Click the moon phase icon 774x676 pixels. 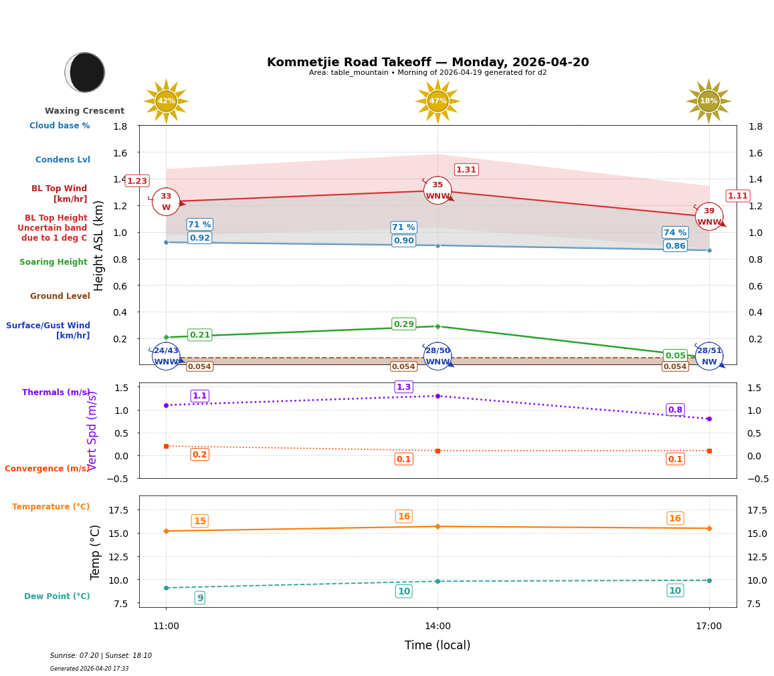pyautogui.click(x=85, y=72)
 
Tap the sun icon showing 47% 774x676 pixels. pyautogui.click(x=438, y=101)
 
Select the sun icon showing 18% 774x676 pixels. pyautogui.click(x=708, y=101)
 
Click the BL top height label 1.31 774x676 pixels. pyautogui.click(x=466, y=170)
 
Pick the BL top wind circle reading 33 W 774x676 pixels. pyautogui.click(x=166, y=202)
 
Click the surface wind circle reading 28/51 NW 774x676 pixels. pyautogui.click(x=709, y=356)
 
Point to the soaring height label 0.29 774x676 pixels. pyautogui.click(x=403, y=324)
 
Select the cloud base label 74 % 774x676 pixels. pyautogui.click(x=675, y=233)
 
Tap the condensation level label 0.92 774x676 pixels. pyautogui.click(x=199, y=238)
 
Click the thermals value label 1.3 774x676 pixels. pyautogui.click(x=403, y=387)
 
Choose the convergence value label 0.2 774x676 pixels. pyautogui.click(x=199, y=455)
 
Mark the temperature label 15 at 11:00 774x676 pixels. pyautogui.click(x=199, y=521)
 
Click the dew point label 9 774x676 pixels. pyautogui.click(x=199, y=598)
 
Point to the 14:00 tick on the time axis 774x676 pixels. pyautogui.click(x=438, y=626)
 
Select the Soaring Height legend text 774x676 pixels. pyautogui.click(x=54, y=262)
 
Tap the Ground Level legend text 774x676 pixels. pyautogui.click(x=60, y=296)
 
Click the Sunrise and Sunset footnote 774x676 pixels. pyautogui.click(x=101, y=656)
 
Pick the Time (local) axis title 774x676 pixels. pyautogui.click(x=438, y=645)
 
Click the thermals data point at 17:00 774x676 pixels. pyautogui.click(x=709, y=419)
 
